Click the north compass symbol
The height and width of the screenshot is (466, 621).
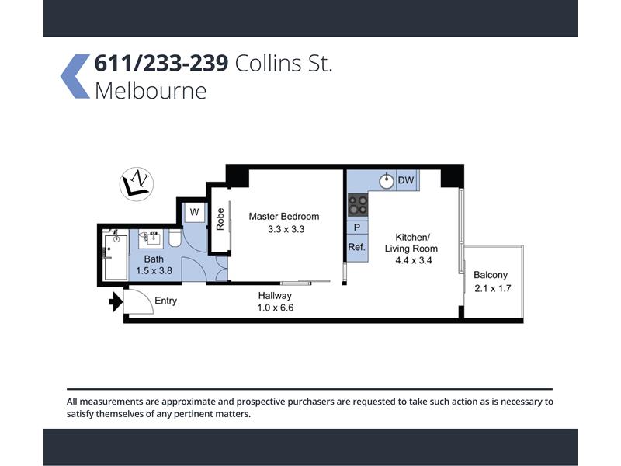click(137, 184)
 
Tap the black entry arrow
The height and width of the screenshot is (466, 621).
click(116, 302)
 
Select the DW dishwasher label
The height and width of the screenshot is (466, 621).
click(406, 180)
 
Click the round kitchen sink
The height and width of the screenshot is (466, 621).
click(386, 181)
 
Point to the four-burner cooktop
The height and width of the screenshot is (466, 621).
click(358, 205)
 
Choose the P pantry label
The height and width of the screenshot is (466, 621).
click(357, 228)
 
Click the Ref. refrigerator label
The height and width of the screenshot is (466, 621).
click(357, 247)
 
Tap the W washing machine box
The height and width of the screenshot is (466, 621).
click(194, 212)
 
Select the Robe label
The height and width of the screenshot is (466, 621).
click(220, 219)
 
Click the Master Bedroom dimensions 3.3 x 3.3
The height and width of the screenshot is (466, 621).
click(286, 229)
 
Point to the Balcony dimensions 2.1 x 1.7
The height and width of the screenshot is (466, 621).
click(493, 288)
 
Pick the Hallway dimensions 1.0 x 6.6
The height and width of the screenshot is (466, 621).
click(276, 308)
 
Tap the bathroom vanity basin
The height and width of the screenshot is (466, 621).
click(151, 238)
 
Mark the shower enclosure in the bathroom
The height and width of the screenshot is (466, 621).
click(116, 256)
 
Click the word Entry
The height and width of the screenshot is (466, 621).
click(165, 301)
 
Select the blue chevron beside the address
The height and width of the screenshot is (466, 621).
click(75, 76)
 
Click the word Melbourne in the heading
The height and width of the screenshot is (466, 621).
click(151, 90)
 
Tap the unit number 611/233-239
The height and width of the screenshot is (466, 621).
click(161, 64)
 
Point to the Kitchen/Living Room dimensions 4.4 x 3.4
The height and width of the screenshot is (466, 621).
click(414, 260)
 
